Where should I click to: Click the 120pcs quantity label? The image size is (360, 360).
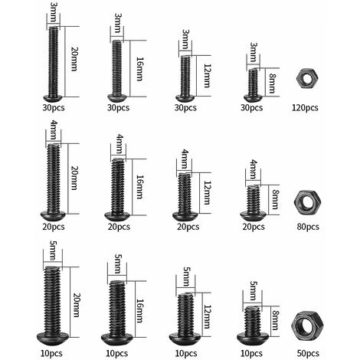click(x=305, y=108)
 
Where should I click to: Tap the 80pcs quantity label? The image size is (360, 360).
click(x=308, y=227)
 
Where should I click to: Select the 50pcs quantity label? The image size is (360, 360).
click(x=308, y=353)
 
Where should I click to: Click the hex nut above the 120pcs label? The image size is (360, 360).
click(x=305, y=78)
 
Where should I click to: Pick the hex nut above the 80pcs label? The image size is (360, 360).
click(x=307, y=202)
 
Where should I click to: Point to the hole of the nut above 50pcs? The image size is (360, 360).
click(x=306, y=326)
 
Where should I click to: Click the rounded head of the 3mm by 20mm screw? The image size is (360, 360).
click(x=53, y=98)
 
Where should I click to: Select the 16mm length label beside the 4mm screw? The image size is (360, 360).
click(x=139, y=187)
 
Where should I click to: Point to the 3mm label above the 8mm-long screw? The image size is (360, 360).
click(x=253, y=52)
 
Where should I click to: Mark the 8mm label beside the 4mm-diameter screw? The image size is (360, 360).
click(x=275, y=200)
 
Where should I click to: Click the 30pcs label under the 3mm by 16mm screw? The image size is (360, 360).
click(x=118, y=108)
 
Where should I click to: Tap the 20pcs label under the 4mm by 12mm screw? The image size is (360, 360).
click(x=188, y=227)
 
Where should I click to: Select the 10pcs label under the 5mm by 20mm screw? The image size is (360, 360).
click(x=51, y=353)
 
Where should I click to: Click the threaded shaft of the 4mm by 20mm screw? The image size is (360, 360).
click(x=54, y=178)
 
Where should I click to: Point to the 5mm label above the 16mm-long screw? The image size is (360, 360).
click(x=117, y=264)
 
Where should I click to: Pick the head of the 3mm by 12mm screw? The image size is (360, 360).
click(x=185, y=98)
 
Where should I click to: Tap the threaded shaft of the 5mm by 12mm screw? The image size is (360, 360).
click(x=186, y=313)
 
